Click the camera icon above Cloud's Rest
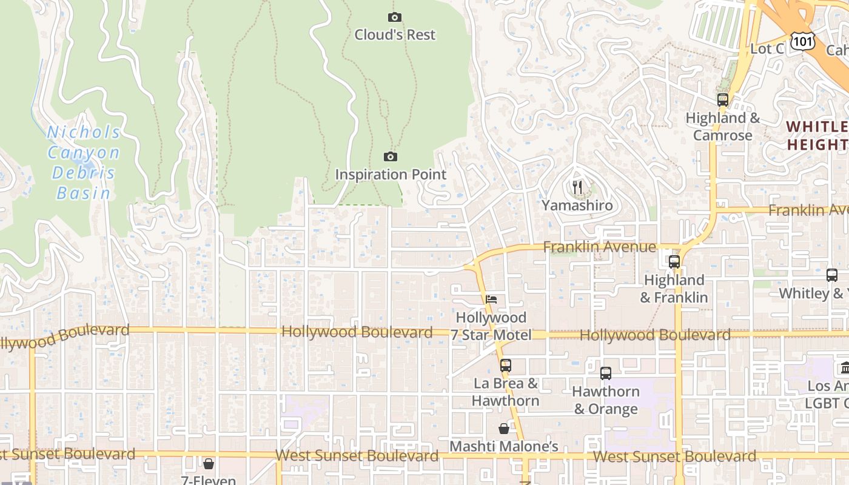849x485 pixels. [x=395, y=17]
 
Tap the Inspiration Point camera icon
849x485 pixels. [x=391, y=157]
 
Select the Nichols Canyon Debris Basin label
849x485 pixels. [x=83, y=162]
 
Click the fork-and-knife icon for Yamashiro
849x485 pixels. [x=577, y=187]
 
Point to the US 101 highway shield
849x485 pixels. [x=803, y=41]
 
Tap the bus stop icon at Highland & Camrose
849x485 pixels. [x=722, y=100]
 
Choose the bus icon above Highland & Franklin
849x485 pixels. [x=674, y=262]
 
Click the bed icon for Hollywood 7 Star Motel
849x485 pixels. [x=491, y=299]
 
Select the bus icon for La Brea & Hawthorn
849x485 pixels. [x=505, y=366]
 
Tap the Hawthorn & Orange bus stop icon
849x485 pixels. [x=605, y=373]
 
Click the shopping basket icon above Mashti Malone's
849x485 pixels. [x=503, y=429]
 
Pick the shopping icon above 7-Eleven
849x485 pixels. [x=209, y=464]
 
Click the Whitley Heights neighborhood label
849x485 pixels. [x=817, y=136]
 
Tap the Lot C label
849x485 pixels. [x=767, y=49]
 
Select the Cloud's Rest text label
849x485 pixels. [x=395, y=35]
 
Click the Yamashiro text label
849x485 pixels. [x=577, y=206]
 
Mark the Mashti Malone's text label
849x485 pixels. [x=503, y=447]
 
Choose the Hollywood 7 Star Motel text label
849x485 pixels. [x=491, y=326]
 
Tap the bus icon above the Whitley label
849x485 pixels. [x=831, y=275]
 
